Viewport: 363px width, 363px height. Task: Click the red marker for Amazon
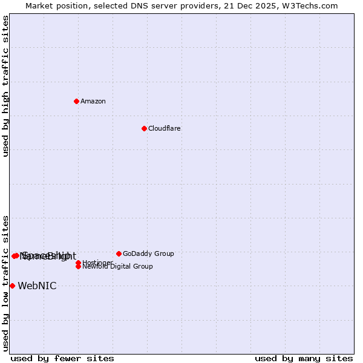pyautogui.click(x=77, y=101)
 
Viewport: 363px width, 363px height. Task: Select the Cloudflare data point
pyautogui.click(x=144, y=128)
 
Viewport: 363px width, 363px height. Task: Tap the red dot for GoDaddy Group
pyautogui.click(x=119, y=253)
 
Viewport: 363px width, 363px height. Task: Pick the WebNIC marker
pyautogui.click(x=12, y=286)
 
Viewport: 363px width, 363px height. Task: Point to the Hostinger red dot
pyautogui.click(x=79, y=263)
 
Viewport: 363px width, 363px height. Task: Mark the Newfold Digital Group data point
pyautogui.click(x=79, y=266)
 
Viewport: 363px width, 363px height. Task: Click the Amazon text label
pyautogui.click(x=93, y=101)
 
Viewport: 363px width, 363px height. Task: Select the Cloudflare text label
pyautogui.click(x=165, y=128)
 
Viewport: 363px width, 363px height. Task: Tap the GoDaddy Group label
pyautogui.click(x=148, y=253)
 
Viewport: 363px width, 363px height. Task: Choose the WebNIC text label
pyautogui.click(x=37, y=286)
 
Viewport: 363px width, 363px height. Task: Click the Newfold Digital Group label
pyautogui.click(x=118, y=267)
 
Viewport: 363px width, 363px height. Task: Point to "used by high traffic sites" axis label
pyautogui.click(x=5, y=86)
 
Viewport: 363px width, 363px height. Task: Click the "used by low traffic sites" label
pyautogui.click(x=5, y=283)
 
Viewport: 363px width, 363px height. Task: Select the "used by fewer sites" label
pyautogui.click(x=62, y=358)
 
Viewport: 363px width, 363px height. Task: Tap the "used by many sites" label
pyautogui.click(x=304, y=358)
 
